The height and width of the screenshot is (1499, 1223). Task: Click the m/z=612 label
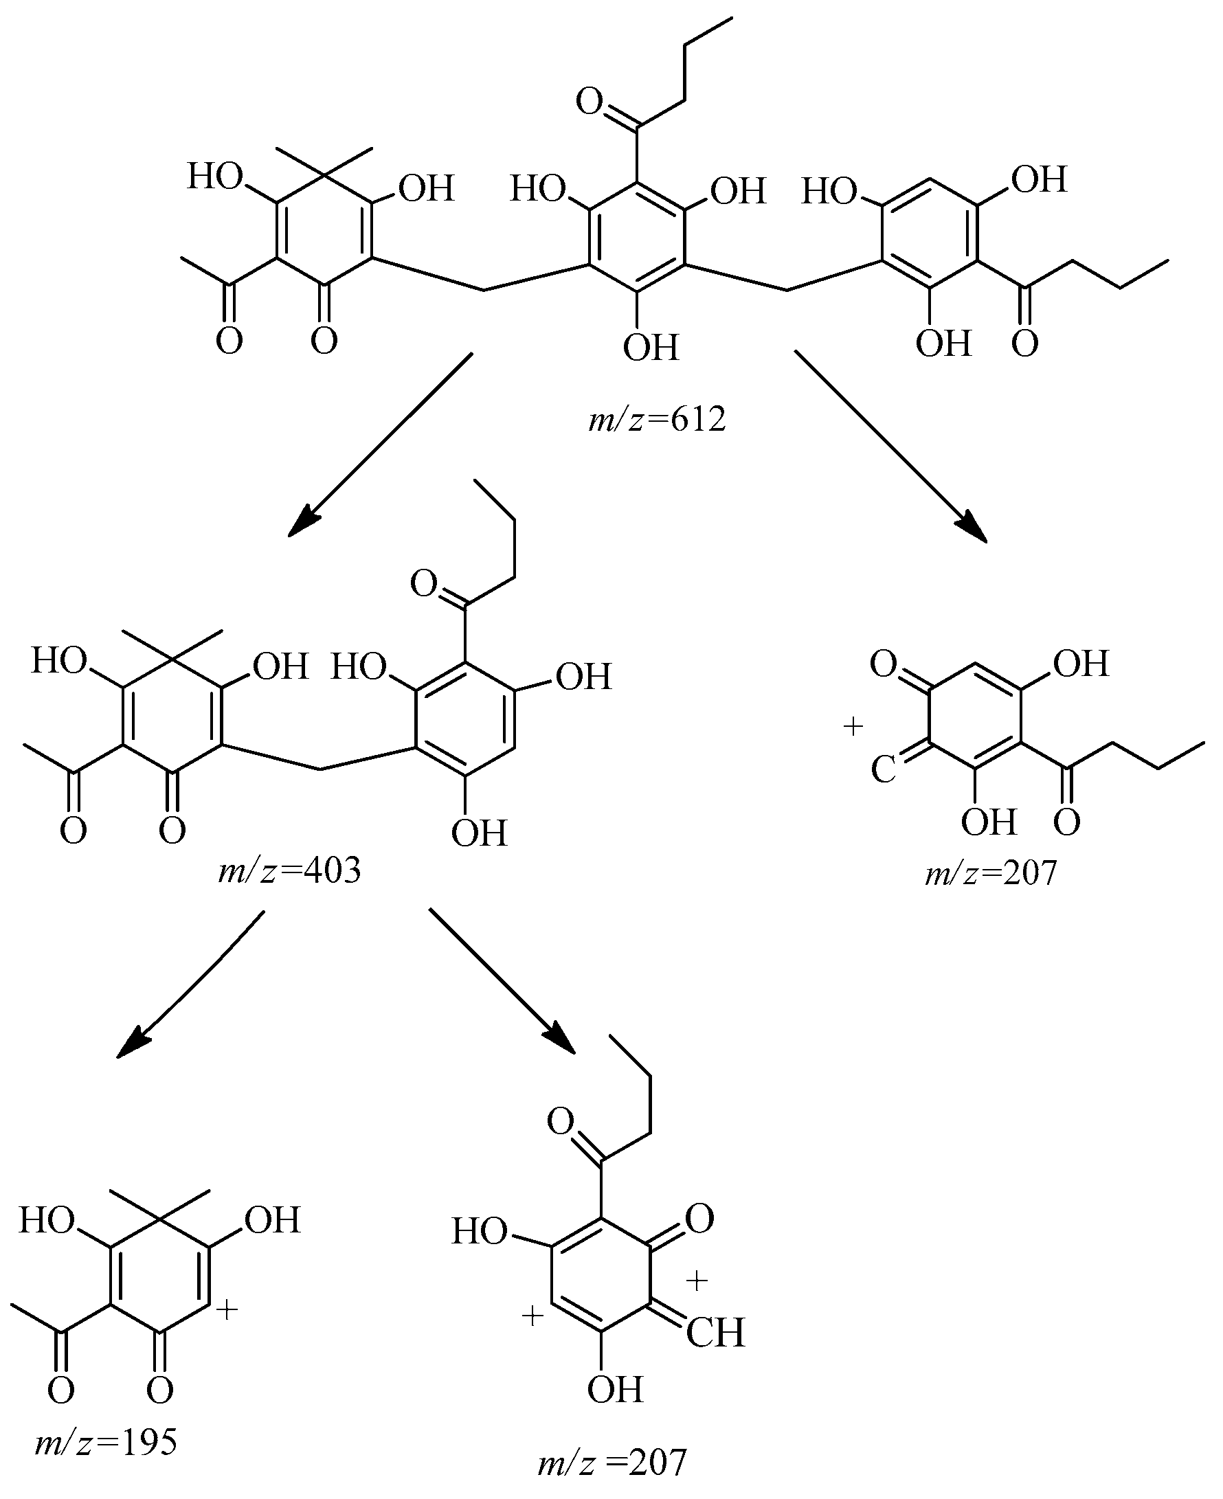click(658, 420)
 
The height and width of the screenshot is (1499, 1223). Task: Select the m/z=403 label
click(289, 871)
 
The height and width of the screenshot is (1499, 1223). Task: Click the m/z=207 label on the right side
click(991, 874)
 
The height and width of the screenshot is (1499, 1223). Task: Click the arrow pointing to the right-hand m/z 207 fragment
click(891, 447)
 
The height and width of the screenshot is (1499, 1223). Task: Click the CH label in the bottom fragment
click(715, 1333)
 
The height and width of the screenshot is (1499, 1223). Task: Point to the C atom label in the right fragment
click(883, 770)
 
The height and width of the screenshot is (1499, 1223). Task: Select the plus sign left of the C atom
click(853, 726)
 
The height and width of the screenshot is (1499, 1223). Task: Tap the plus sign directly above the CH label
click(696, 1281)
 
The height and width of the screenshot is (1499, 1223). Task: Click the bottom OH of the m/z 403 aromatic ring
click(479, 833)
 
